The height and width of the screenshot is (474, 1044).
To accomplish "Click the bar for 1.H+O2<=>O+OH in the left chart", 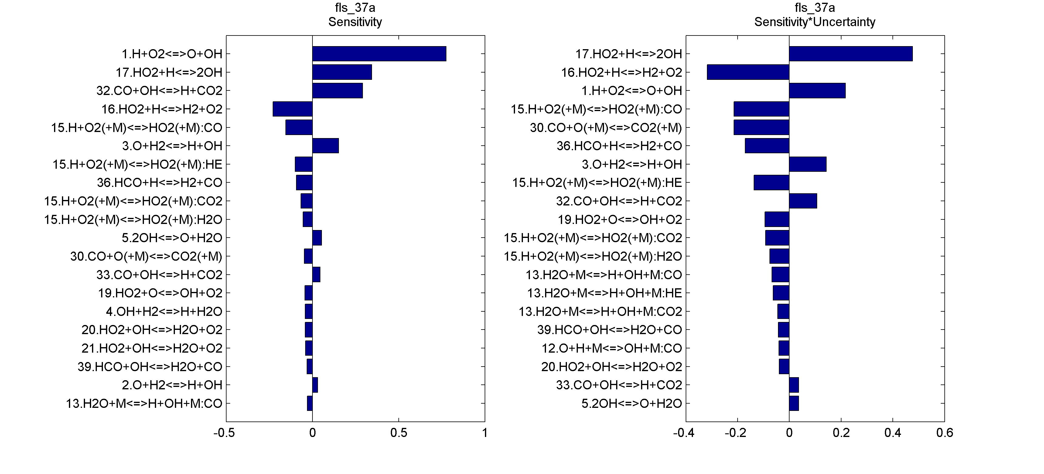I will click(379, 53).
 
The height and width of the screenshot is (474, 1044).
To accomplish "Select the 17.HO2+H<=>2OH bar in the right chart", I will click(851, 53).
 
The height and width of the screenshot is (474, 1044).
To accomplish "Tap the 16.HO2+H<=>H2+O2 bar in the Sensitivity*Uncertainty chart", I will click(748, 72).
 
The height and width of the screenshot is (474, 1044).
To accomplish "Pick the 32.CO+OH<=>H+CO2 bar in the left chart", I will click(337, 90).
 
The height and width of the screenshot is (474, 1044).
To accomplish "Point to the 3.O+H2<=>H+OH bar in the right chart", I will click(807, 164).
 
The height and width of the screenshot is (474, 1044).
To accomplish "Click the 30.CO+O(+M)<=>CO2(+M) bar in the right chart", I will click(761, 127).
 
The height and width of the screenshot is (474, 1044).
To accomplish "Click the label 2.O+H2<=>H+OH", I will click(172, 385).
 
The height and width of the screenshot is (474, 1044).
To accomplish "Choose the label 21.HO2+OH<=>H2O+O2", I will click(152, 348).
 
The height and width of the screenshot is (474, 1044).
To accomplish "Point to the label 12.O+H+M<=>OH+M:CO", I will click(612, 348).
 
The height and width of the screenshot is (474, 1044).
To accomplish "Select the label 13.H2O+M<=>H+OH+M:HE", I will click(604, 293).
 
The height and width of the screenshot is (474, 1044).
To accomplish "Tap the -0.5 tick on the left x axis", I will click(224, 433).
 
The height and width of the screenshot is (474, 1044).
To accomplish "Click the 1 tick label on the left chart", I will click(485, 433).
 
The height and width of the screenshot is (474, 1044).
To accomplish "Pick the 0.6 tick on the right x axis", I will click(944, 433).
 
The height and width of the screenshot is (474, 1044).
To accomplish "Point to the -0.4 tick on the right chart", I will click(684, 433).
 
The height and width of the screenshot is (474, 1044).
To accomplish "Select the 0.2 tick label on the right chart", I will click(841, 433).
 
